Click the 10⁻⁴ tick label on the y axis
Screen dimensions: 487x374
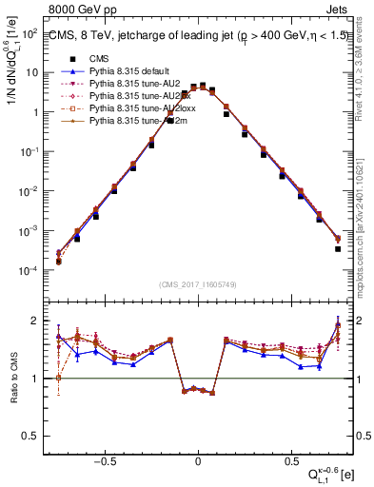31,271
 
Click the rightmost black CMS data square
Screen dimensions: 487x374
338,249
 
